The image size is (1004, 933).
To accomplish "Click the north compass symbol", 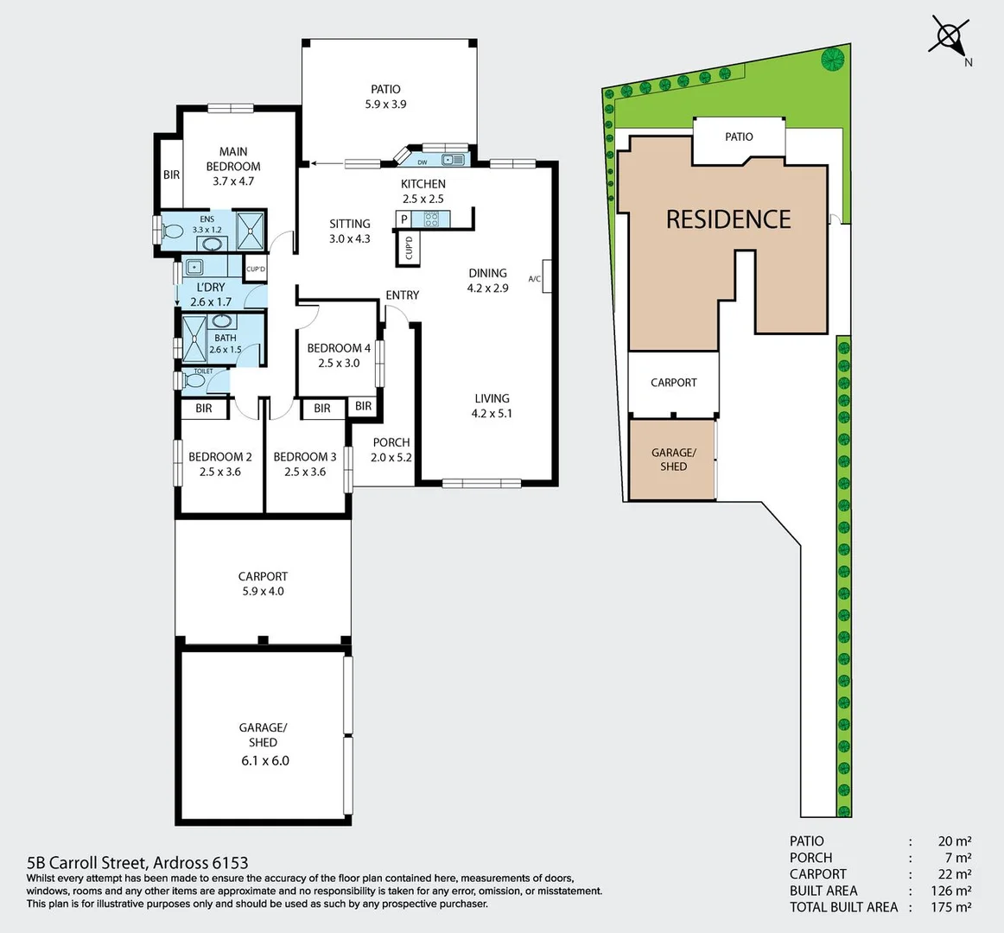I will [x=949, y=37].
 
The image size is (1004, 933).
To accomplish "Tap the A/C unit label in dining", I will [x=535, y=278].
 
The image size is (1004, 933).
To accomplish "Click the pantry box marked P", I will [x=404, y=220].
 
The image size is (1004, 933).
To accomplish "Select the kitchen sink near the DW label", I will [x=454, y=160].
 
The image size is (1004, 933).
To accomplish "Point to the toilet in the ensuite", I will [x=171, y=232].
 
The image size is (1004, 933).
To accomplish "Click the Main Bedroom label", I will [x=233, y=166].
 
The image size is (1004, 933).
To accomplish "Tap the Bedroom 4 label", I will [x=339, y=355].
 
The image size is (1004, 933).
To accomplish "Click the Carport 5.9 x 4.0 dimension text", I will [x=263, y=592].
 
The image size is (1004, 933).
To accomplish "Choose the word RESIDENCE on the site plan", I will [x=728, y=219].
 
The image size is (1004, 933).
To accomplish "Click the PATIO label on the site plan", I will [x=739, y=136].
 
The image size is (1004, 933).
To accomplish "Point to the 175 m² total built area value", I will [x=955, y=907].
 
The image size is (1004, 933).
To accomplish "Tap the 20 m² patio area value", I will [x=955, y=841].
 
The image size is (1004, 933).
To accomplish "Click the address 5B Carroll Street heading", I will [x=137, y=862].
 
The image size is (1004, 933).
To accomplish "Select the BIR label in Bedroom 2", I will [x=204, y=409].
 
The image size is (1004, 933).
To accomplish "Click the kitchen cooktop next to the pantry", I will [x=430, y=219].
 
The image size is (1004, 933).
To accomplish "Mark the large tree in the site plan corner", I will [x=833, y=60].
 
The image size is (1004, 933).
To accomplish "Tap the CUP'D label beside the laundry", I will [x=256, y=269].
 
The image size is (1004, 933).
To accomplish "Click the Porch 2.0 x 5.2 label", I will [x=391, y=450].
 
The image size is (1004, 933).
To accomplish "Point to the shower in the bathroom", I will [x=194, y=337].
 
